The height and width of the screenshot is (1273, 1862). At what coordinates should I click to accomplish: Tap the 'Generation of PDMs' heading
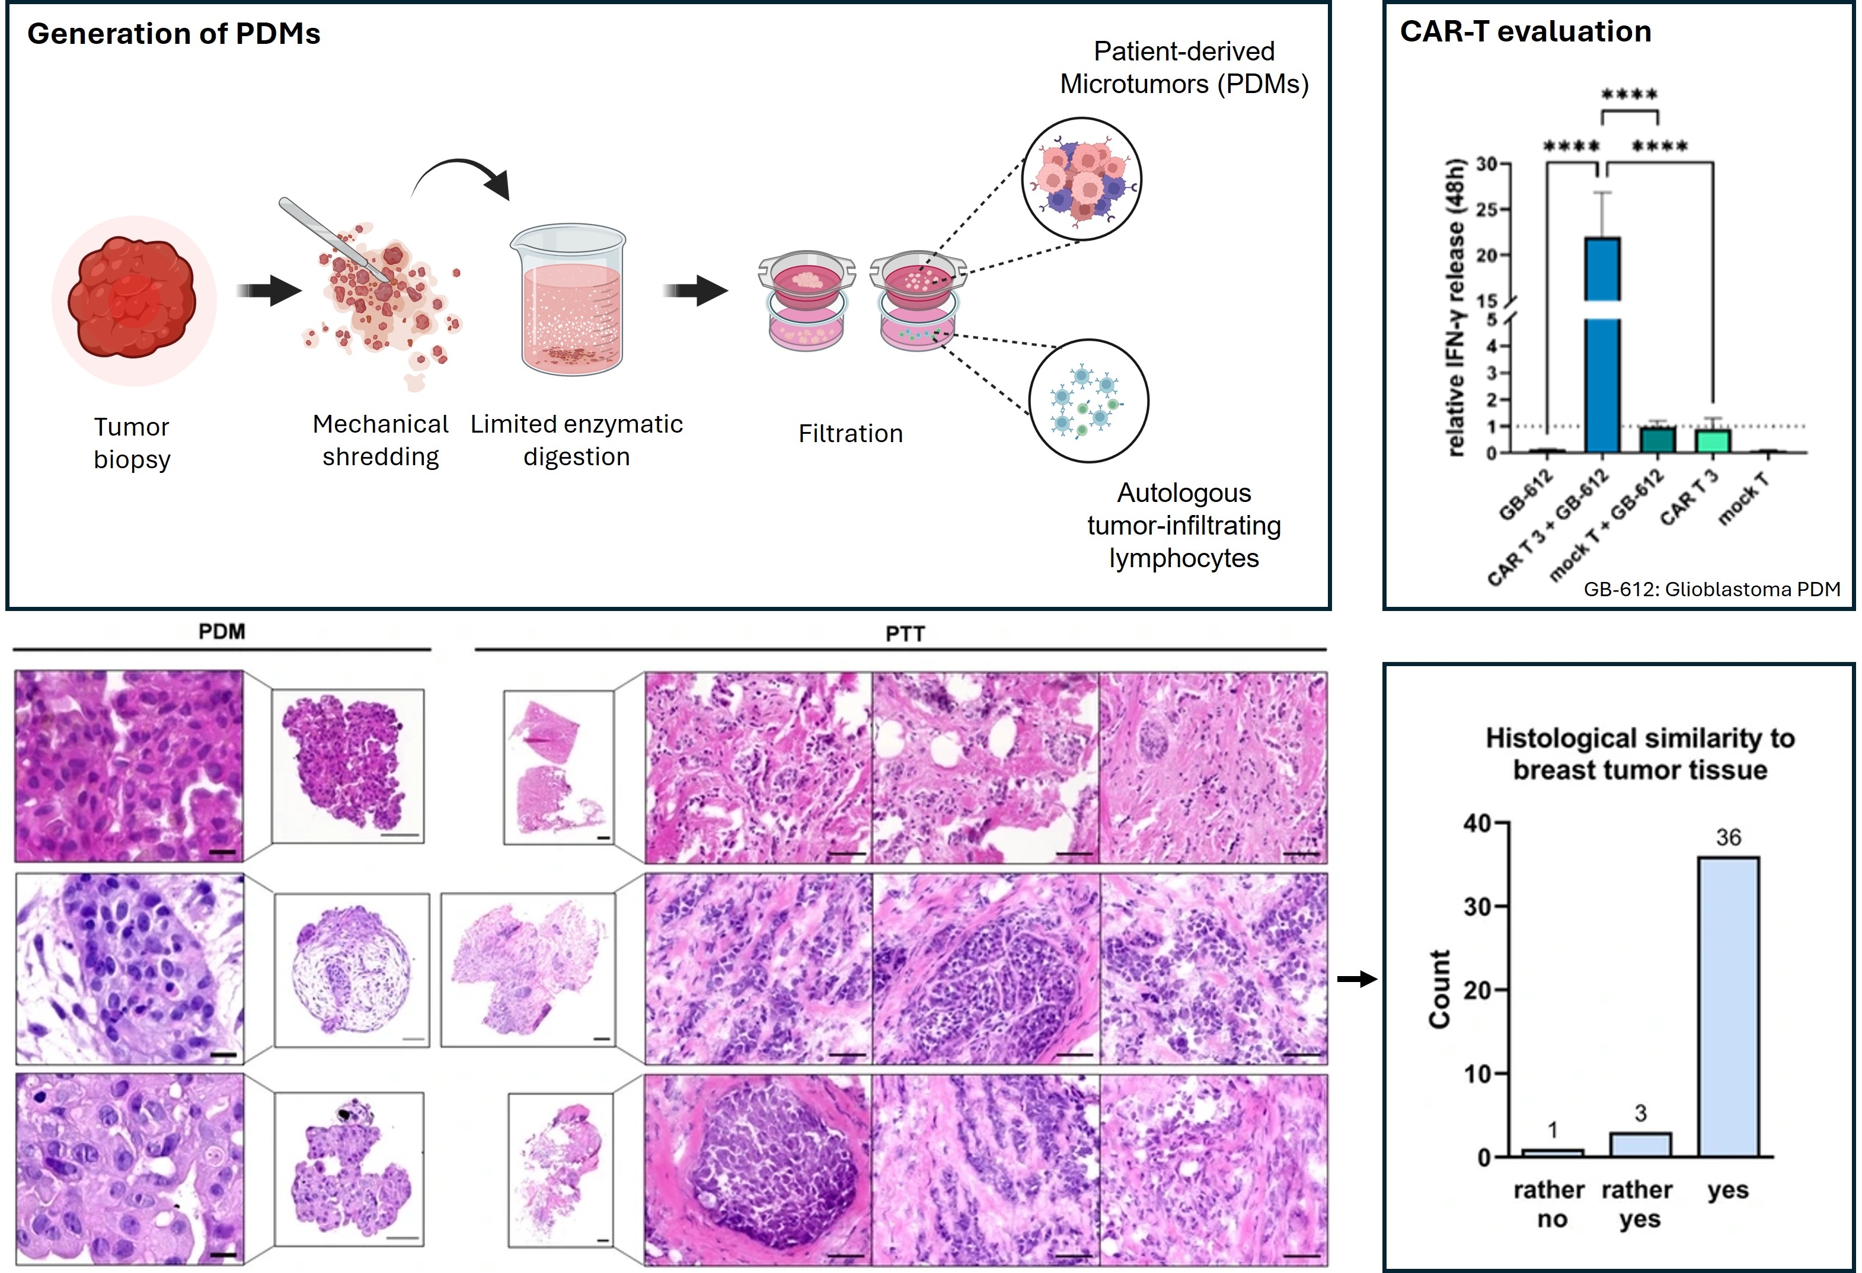click(x=173, y=34)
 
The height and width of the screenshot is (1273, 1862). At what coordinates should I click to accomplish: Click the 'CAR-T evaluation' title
click(x=1525, y=31)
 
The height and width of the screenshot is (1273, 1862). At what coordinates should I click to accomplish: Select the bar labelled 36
click(x=1727, y=1006)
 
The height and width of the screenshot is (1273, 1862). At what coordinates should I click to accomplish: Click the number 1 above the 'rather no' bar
click(x=1552, y=1130)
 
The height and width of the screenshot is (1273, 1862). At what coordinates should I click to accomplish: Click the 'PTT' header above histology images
click(x=905, y=634)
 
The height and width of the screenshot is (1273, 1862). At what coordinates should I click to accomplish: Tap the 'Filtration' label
click(x=850, y=433)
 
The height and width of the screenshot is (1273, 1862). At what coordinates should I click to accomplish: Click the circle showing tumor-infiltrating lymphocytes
click(x=1088, y=401)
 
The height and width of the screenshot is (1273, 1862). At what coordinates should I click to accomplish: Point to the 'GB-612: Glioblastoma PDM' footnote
click(x=1711, y=589)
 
